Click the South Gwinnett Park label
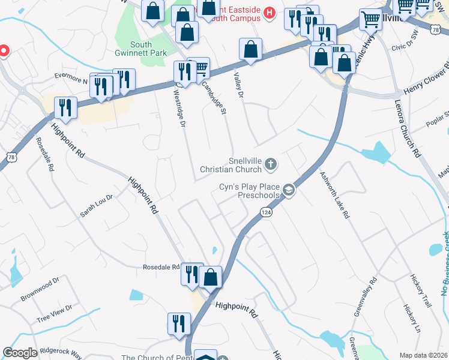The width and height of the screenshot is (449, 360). coord(140,49)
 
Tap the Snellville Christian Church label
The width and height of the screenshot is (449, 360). coord(246,165)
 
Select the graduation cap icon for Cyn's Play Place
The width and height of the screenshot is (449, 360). coord(289,190)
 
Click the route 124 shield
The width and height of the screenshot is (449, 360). coord(266,212)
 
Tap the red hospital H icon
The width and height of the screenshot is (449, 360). coord(269,12)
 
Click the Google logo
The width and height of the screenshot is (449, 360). coord(20,353)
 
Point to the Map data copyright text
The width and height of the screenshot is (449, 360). coord(424,355)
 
